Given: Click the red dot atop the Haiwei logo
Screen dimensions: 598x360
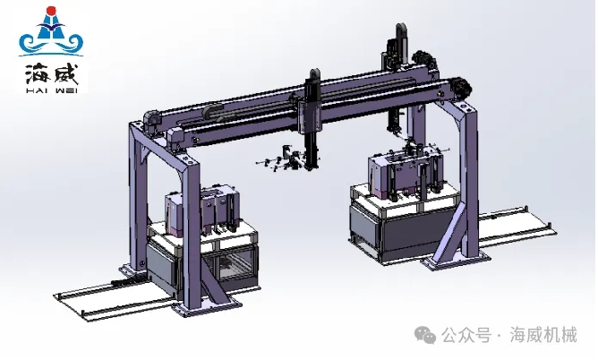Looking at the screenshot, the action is pyautogui.click(x=51, y=11).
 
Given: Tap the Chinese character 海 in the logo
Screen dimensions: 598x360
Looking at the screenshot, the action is pyautogui.click(x=38, y=74).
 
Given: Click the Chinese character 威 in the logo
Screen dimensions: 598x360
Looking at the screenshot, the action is pyautogui.click(x=65, y=74).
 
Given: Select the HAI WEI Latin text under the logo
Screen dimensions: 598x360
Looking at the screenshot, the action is pyautogui.click(x=52, y=90).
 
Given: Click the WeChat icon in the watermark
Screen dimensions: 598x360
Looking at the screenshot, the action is pyautogui.click(x=425, y=335).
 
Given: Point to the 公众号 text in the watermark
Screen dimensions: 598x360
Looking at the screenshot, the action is pyautogui.click(x=466, y=336).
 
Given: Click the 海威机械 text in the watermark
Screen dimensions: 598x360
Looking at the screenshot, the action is pyautogui.click(x=543, y=335).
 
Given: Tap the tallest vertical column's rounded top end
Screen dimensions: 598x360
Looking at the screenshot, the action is pyautogui.click(x=401, y=28).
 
